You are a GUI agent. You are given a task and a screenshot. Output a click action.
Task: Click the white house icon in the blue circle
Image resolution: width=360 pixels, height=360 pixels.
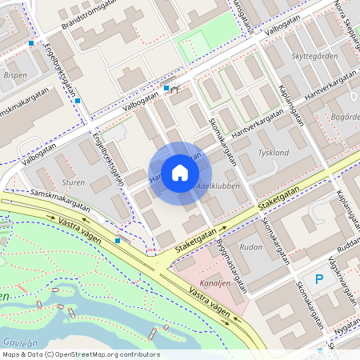coord(180,173)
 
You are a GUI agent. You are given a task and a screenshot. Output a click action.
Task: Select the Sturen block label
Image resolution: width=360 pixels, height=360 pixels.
coord(73,182)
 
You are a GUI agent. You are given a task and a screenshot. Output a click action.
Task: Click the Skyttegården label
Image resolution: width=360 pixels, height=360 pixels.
coord(314,57)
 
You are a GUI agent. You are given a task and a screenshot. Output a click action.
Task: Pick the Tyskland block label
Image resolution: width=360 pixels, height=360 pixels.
coord(274,151)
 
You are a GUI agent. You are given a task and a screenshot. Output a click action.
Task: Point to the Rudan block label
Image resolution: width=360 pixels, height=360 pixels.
coord(250,247)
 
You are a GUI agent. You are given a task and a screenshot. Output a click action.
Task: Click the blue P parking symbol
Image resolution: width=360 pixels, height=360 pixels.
coord(319,279)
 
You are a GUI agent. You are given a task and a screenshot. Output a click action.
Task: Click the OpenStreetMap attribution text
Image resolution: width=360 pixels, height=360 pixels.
coord(81,354)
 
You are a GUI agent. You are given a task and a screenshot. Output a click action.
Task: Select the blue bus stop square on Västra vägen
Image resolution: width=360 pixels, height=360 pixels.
coord(118,239)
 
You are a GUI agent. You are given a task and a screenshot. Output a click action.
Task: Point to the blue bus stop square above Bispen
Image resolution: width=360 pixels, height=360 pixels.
coord(31,43)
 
